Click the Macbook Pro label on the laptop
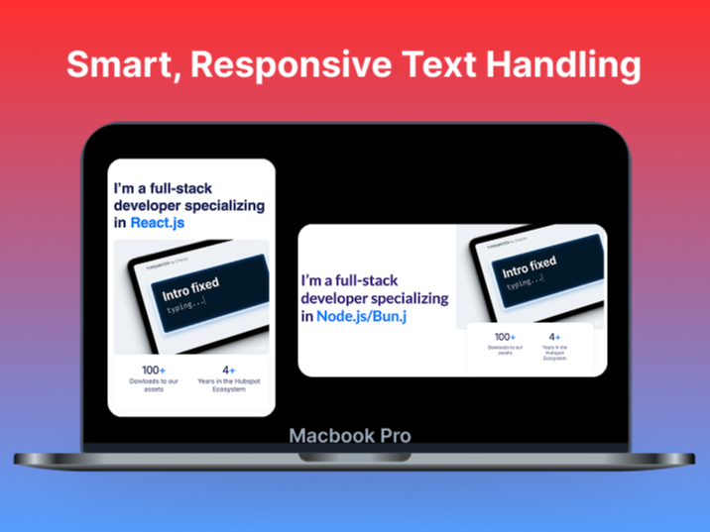350,436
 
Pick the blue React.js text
158,223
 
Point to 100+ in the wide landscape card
505,337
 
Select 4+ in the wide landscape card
555,337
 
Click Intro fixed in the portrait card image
191,288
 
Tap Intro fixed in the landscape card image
530,266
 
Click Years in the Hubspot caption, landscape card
555,352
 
